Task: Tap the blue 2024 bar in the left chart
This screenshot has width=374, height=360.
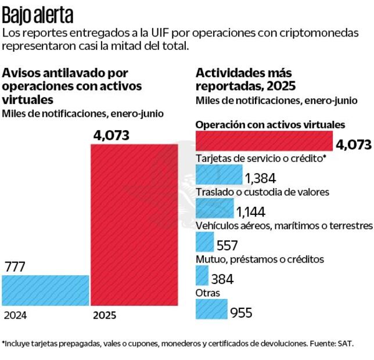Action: pyautogui.click(x=45, y=290)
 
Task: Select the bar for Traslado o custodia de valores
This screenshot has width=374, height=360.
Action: pyautogui.click(x=215, y=208)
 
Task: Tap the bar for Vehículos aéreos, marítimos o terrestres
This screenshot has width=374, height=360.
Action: pyautogui.click(x=205, y=242)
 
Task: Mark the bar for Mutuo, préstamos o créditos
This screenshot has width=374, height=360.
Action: pyautogui.click(x=202, y=275)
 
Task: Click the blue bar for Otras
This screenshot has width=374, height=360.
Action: pyautogui.click(x=211, y=309)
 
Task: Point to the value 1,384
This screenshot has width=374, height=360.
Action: pyautogui.click(x=260, y=178)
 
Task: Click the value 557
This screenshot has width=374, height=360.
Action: pyautogui.click(x=227, y=245)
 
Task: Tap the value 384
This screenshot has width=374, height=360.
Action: pyautogui.click(x=222, y=279)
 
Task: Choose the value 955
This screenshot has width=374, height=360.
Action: pyautogui.click(x=241, y=313)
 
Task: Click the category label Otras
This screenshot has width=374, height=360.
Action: pyautogui.click(x=208, y=293)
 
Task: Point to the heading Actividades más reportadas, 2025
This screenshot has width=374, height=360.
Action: pyautogui.click(x=246, y=80)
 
